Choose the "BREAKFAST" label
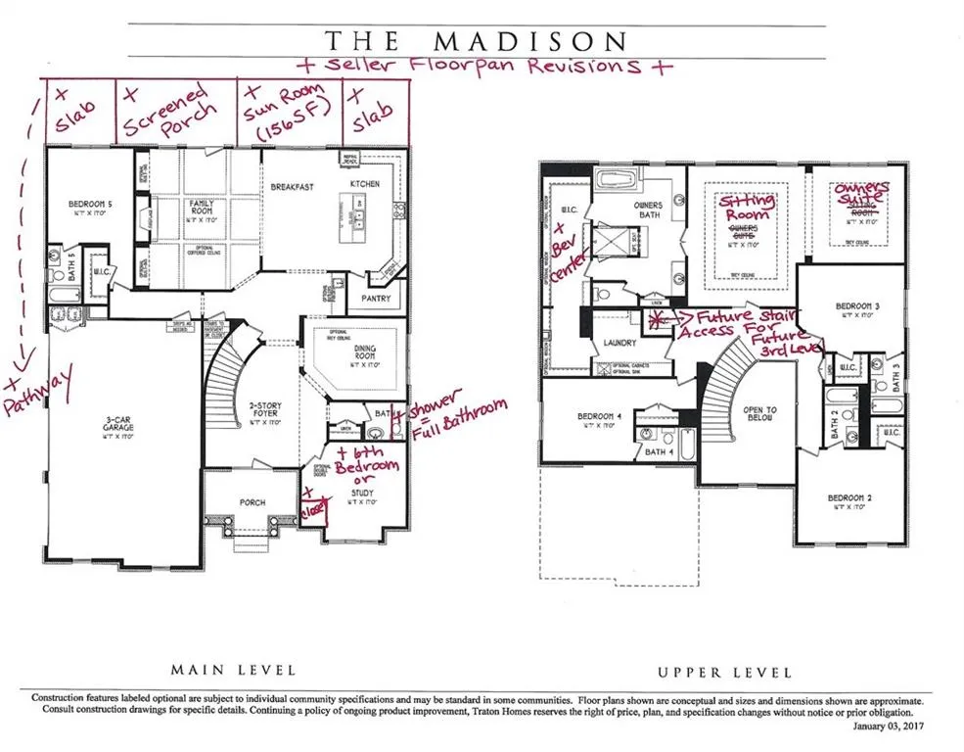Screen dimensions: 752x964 [292, 186]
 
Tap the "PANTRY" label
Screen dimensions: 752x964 [376, 299]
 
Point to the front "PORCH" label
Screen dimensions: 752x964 [252, 502]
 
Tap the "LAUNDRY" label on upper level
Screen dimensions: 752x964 [620, 343]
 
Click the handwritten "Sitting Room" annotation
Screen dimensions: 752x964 [748, 208]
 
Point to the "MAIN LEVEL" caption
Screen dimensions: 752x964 [233, 671]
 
